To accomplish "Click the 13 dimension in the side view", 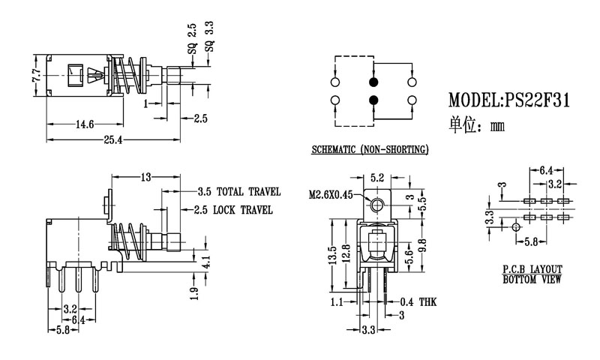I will click(145, 177).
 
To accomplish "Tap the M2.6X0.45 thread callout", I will click(330, 195).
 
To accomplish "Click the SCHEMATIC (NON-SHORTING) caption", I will click(370, 151).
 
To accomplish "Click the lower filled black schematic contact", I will click(373, 100).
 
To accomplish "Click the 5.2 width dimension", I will click(378, 178).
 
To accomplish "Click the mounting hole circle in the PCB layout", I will click(515, 226).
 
